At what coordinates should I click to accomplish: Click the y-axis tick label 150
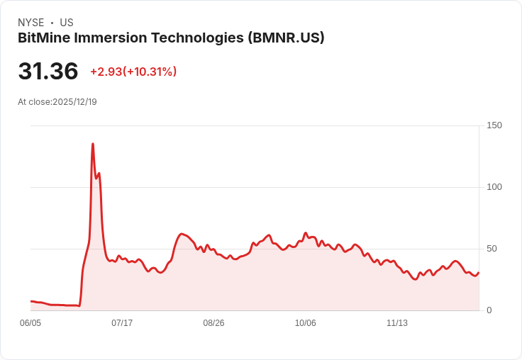(494, 125)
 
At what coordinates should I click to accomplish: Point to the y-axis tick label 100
(494, 187)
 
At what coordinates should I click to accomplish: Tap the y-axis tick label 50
(492, 249)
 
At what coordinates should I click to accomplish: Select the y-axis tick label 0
(489, 310)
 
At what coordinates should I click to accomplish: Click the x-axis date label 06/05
(30, 323)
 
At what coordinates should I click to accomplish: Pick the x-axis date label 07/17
(122, 323)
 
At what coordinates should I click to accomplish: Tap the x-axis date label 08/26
(213, 323)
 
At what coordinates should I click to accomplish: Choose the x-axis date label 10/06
(305, 323)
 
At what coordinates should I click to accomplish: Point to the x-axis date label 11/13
(397, 323)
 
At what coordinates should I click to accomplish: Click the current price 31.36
(48, 71)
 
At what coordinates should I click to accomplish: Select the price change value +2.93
(106, 72)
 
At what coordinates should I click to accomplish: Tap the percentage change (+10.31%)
(150, 72)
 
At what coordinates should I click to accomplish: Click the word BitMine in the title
(44, 38)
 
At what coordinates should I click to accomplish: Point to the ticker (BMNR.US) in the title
(286, 38)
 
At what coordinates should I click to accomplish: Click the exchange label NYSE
(31, 23)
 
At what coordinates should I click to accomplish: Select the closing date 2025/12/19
(75, 102)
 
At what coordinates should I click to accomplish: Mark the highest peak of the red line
(93, 144)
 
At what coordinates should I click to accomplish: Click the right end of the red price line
(479, 273)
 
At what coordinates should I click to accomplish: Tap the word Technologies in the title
(197, 38)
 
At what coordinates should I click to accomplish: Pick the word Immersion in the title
(111, 38)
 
